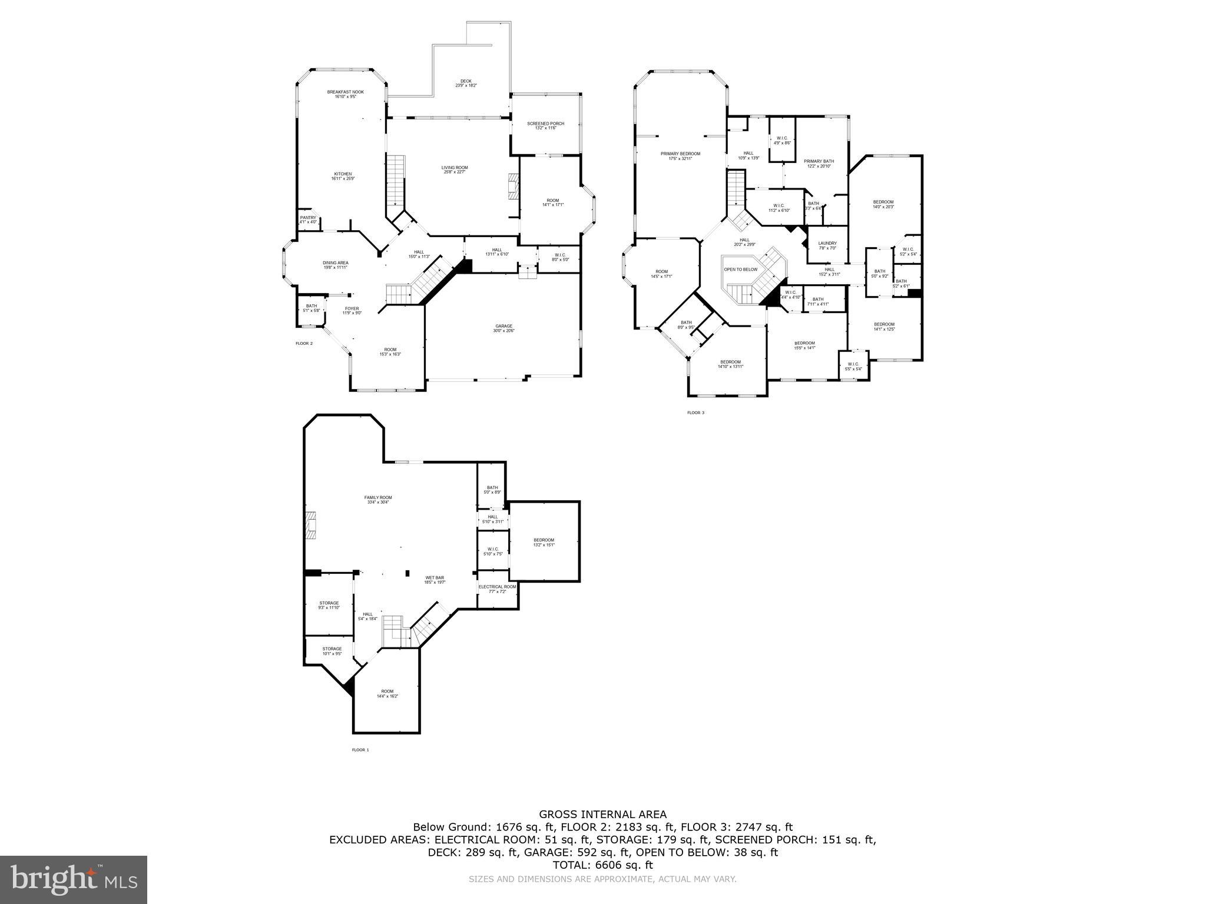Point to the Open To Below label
click(740, 270)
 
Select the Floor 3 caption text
click(695, 413)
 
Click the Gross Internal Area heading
click(603, 815)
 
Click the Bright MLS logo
click(74, 879)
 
